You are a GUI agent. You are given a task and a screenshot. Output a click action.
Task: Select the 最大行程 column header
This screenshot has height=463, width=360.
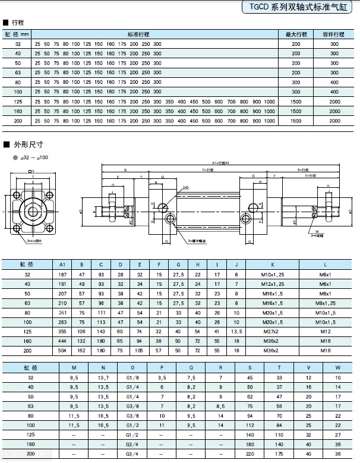click(296, 34)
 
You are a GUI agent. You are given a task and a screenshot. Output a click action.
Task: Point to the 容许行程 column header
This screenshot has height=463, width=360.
click(334, 34)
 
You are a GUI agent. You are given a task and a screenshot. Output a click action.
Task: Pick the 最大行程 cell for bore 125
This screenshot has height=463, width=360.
click(296, 102)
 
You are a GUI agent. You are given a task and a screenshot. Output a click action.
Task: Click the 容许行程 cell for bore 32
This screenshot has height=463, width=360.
click(334, 45)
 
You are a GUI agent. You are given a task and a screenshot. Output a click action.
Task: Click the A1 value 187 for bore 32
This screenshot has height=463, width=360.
click(62, 275)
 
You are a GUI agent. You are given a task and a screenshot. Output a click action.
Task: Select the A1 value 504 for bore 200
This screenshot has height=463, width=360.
click(62, 351)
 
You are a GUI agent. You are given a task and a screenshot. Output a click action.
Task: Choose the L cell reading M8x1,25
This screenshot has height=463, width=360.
click(326, 303)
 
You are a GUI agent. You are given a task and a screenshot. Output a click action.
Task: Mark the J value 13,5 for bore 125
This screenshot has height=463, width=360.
click(236, 332)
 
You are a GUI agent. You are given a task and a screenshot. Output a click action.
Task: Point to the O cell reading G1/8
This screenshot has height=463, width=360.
click(130, 377)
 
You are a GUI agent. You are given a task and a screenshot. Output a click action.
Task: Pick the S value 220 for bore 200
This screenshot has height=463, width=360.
click(250, 453)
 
